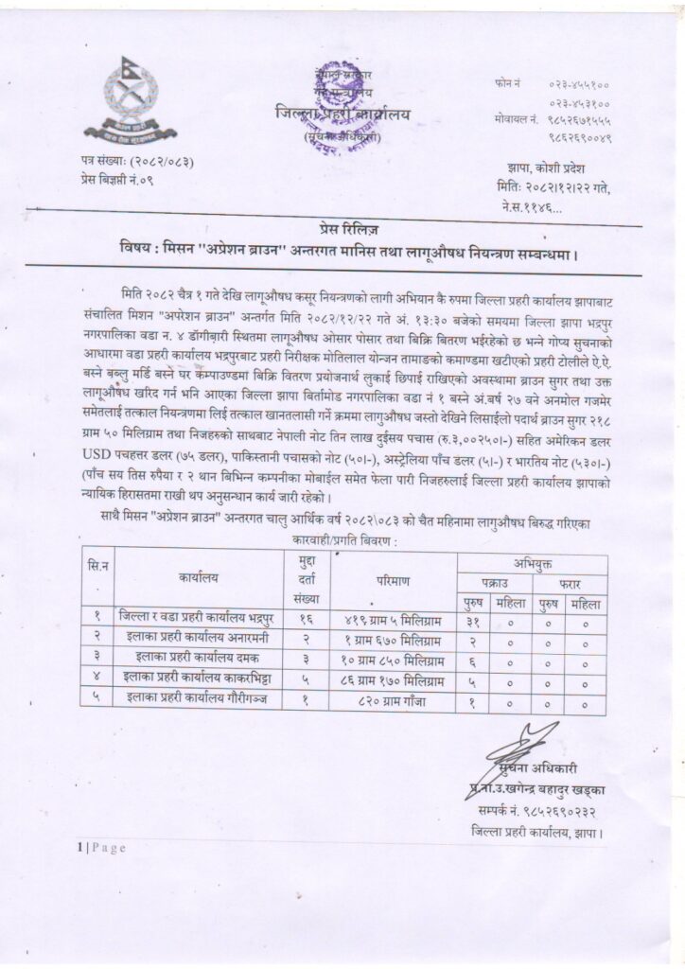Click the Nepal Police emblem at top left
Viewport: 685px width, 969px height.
tap(124, 99)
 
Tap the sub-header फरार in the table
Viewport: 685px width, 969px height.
tap(570, 581)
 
